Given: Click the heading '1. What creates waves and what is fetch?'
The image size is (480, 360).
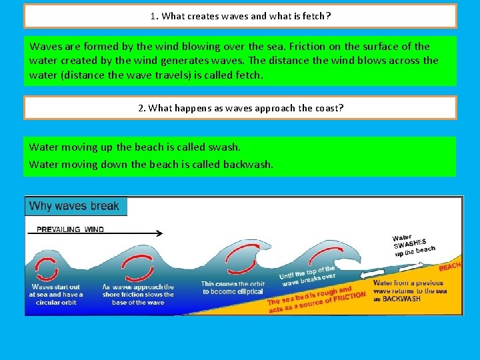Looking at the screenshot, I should point(240,16).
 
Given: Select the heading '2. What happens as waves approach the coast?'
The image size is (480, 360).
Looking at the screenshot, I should point(240,107).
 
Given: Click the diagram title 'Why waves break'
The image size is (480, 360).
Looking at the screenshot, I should point(75,206).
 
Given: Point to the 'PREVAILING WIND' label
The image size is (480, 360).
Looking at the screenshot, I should point(70,229).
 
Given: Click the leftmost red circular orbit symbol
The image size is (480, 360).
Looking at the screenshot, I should point(47,269).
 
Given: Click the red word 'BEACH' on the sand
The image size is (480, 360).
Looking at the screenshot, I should point(449,267).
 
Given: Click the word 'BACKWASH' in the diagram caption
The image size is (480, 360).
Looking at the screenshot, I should point(401,299).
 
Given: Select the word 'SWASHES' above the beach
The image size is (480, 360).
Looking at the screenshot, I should point(410,244).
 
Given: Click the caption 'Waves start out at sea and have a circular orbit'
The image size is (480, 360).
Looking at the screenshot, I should point(56,295).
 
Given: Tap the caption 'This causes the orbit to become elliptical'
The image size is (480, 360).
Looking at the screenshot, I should point(233,288).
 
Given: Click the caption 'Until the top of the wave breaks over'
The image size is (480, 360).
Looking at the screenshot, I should point(308,276).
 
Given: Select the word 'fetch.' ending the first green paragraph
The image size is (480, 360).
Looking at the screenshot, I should point(249,75).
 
